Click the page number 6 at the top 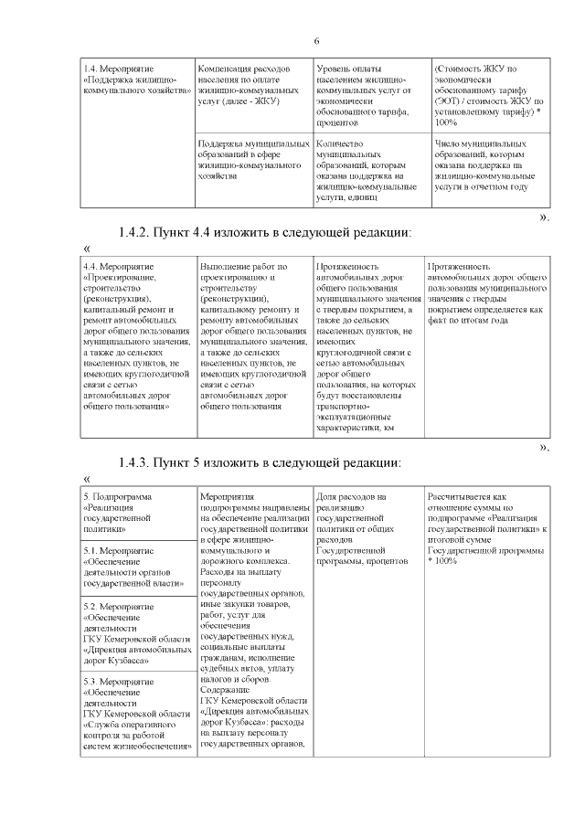(315, 41)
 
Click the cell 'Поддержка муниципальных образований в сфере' (253, 160)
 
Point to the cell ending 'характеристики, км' (367, 347)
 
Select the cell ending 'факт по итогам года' (487, 293)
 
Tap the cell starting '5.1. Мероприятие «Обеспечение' (137, 567)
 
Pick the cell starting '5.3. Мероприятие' (137, 713)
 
